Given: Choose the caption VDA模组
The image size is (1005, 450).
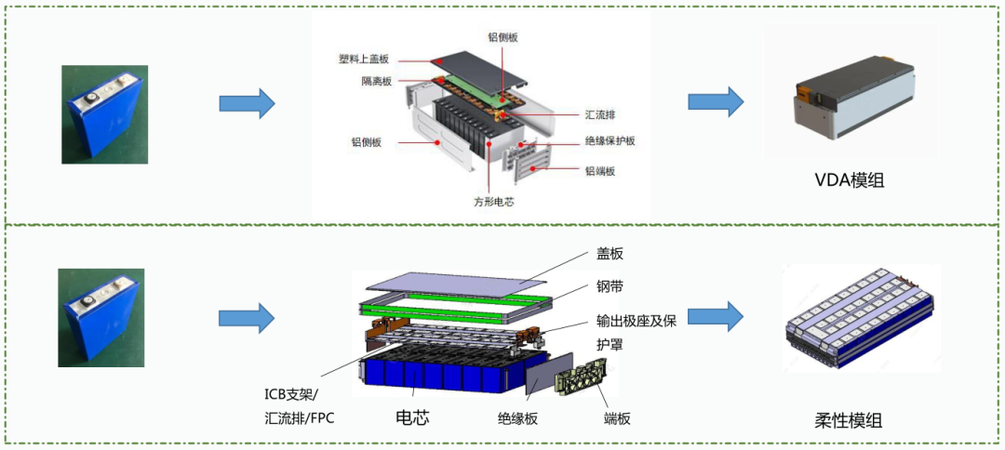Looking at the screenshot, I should click(848, 180).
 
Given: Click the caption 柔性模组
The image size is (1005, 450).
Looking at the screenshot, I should click(848, 420).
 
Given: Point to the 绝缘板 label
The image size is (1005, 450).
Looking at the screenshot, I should click(517, 419).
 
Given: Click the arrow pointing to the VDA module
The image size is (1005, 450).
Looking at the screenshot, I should click(716, 102).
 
